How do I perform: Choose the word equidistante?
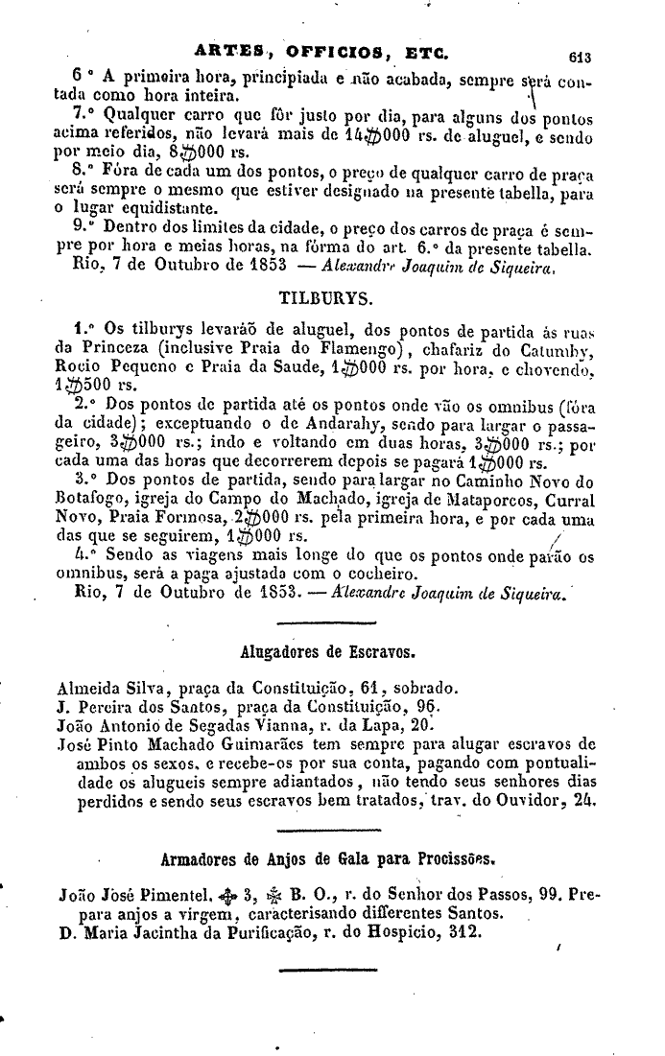pos(167,209)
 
